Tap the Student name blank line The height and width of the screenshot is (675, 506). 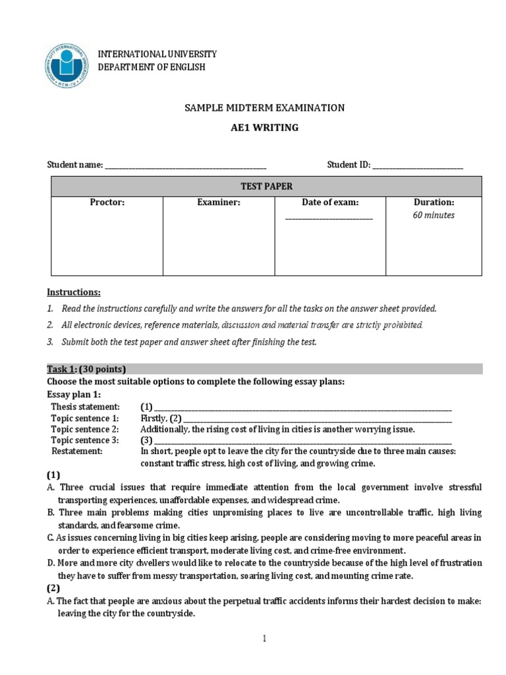tap(186, 166)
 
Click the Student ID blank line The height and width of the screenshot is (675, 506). tap(418, 166)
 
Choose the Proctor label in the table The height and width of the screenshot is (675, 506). tap(107, 203)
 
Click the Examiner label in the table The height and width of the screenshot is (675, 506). tap(219, 203)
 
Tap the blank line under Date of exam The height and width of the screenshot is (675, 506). tap(329, 218)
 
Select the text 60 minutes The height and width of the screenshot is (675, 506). tap(434, 216)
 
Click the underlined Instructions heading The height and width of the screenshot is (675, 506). tap(74, 292)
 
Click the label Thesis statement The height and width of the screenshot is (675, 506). tap(86, 407)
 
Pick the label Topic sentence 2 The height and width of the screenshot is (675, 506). tap(85, 429)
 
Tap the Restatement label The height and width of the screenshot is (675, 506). tap(77, 452)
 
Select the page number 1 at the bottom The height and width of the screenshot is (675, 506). tap(264, 639)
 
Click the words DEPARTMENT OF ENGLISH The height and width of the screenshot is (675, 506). tap(152, 67)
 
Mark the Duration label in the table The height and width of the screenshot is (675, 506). tap(434, 203)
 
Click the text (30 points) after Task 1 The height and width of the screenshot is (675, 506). tap(102, 369)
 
